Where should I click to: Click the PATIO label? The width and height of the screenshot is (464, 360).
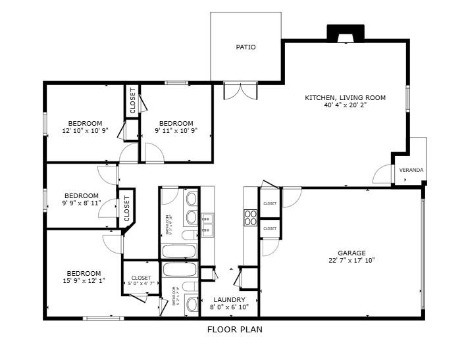(245, 47)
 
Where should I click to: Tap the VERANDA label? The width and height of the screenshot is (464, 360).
(411, 170)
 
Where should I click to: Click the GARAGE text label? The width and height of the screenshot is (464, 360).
(351, 253)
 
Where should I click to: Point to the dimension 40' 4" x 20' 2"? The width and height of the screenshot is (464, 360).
(345, 105)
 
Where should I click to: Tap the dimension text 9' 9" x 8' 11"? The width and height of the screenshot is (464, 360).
(81, 203)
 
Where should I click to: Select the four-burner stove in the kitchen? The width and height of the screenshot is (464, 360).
(251, 217)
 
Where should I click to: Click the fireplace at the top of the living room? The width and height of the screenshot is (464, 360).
(346, 34)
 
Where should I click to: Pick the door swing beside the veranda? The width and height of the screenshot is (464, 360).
(381, 174)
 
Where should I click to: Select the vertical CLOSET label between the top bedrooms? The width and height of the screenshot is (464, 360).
(132, 101)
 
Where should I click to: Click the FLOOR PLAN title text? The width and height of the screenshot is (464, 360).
(234, 330)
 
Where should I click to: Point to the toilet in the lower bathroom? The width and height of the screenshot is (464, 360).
(192, 304)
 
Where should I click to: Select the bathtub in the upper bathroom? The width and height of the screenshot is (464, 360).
(179, 251)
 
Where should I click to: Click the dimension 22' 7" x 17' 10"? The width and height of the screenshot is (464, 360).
(351, 261)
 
